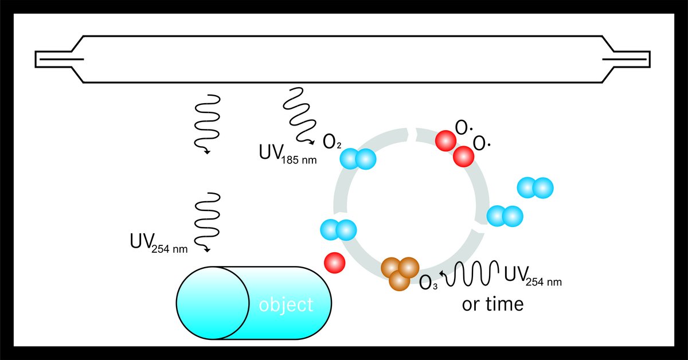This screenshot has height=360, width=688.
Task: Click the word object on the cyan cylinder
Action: pos(286,306)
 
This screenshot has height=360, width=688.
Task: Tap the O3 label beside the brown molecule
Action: pos(428,283)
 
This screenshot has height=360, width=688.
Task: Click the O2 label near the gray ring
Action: pos(332,142)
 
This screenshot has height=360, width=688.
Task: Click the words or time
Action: pos(492,304)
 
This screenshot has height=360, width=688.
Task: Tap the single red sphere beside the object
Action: pos(335,263)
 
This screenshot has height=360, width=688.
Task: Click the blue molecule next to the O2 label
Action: pos(358,159)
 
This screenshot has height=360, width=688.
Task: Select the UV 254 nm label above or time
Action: pos(533,276)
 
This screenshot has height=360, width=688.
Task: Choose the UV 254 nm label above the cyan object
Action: pos(159,243)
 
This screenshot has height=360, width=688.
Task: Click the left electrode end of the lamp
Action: pos(59,59)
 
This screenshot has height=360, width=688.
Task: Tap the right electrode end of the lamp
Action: pos(626,59)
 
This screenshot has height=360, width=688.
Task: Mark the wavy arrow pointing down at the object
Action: pos(208,222)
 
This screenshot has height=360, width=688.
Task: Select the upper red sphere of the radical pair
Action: pos(445,140)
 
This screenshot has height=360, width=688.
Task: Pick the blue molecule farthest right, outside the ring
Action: pos(535,187)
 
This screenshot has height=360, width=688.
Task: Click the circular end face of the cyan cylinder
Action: pos(213,303)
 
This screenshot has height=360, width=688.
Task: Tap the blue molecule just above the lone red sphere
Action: pos(338,230)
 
